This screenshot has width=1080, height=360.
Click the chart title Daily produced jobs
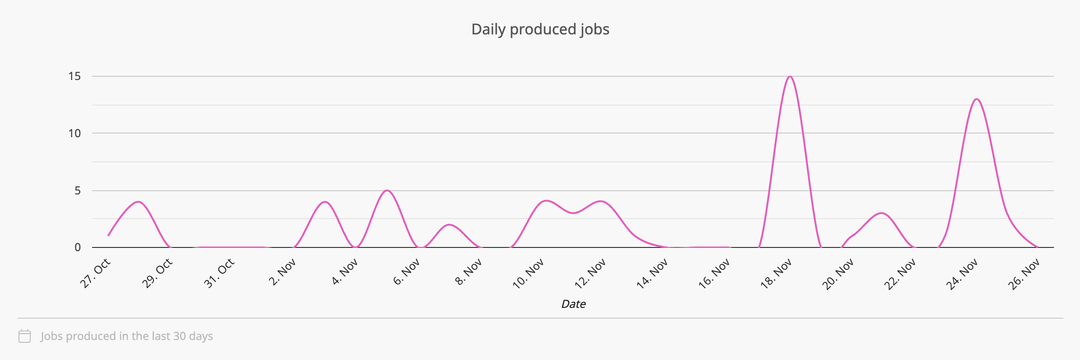point(540,29)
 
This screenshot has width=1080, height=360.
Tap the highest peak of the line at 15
point(790,77)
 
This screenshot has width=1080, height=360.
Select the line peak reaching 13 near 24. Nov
point(976,100)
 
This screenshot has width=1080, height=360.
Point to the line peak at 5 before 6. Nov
point(387,191)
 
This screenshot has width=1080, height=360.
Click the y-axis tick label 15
point(74,76)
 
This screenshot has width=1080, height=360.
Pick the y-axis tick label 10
point(74,133)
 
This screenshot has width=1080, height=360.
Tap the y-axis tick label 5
point(77,191)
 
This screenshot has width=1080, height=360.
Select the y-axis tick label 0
point(77,247)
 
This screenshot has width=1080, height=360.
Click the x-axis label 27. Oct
point(95,273)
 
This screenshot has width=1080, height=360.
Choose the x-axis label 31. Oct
point(219,273)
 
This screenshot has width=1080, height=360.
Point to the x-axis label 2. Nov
point(282,272)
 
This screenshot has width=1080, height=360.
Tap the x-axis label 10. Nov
point(528,274)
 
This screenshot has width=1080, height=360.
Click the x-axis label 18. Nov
point(776,274)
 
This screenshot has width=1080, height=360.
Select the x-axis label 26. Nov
point(1024,274)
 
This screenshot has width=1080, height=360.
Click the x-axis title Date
point(573,304)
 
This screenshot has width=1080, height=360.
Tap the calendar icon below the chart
point(25,336)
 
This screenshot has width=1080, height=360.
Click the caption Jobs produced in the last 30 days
point(127,336)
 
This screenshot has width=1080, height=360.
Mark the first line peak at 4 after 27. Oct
point(138,202)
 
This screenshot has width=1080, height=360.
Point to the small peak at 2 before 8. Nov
point(449,225)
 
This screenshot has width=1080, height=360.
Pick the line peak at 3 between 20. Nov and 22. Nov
point(881,213)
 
